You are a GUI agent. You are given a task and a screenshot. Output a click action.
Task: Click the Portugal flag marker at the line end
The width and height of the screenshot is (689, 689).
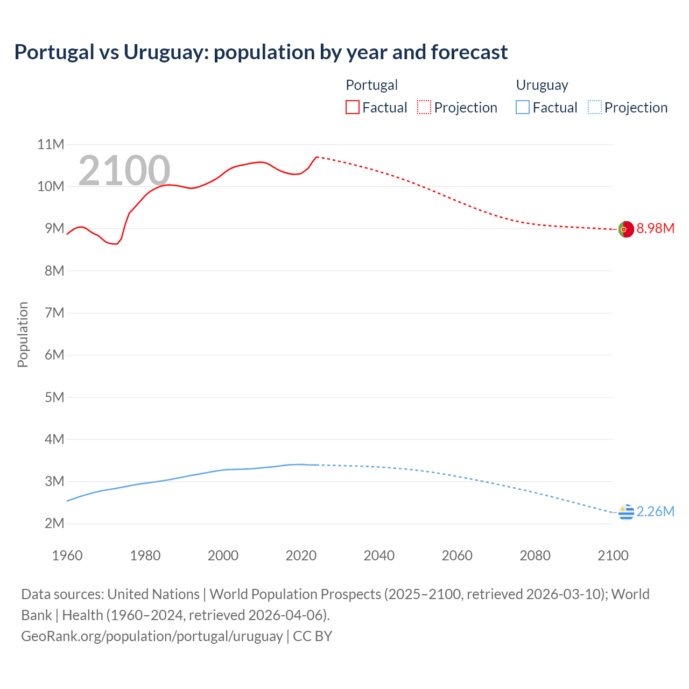click(x=626, y=229)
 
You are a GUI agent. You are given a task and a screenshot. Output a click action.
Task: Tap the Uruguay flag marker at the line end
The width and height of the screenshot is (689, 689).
click(x=626, y=512)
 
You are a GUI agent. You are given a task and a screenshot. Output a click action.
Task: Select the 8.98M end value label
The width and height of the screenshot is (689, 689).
click(x=655, y=228)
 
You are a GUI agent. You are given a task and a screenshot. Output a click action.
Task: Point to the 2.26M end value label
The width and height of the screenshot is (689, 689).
click(x=655, y=511)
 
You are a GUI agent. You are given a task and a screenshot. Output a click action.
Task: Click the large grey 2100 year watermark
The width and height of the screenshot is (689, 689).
click(x=124, y=171)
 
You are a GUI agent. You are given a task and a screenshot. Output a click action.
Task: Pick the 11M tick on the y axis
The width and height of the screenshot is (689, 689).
click(x=51, y=144)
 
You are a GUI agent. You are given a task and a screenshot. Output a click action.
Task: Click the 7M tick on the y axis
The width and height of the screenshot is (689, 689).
click(x=54, y=313)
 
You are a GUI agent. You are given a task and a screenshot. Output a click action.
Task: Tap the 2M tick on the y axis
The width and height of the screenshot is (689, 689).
click(x=54, y=523)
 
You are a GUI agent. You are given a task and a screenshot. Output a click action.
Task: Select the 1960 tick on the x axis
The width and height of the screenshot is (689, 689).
click(x=67, y=556)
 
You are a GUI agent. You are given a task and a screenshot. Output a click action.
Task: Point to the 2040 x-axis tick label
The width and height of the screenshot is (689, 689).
click(x=379, y=556)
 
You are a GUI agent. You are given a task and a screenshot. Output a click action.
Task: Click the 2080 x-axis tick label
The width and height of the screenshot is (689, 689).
click(x=535, y=556)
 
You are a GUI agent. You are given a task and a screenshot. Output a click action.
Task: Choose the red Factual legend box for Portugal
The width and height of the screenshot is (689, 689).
click(x=353, y=107)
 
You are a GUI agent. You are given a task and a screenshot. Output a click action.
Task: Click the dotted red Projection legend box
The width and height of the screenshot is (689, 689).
click(x=424, y=107)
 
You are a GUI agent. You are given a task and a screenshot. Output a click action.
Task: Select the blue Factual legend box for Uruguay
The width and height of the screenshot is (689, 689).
click(x=523, y=107)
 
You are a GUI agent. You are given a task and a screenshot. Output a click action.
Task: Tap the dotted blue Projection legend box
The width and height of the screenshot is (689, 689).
click(x=594, y=107)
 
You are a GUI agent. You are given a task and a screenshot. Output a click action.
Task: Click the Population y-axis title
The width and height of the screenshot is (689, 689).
click(x=23, y=334)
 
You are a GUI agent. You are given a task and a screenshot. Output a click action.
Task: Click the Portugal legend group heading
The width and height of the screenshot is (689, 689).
click(x=371, y=85)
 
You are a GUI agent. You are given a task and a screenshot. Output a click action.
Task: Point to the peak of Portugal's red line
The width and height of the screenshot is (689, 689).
click(x=317, y=157)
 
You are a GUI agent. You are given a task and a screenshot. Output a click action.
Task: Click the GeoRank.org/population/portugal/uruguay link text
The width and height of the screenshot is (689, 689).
click(x=152, y=636)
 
